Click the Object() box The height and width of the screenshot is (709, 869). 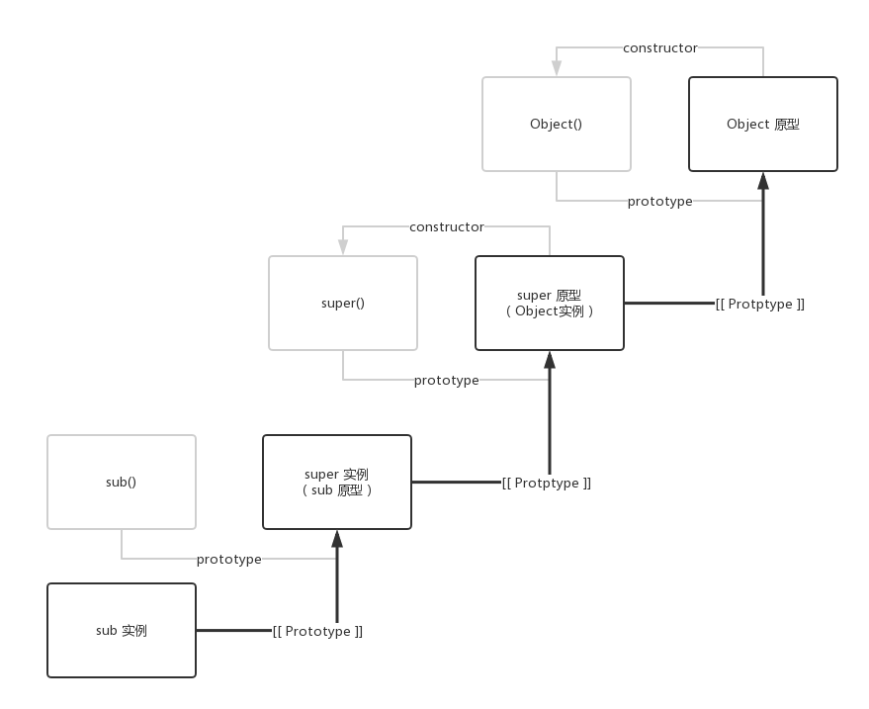pos(557,125)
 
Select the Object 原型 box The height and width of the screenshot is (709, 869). pos(762,125)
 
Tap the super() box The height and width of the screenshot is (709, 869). pos(343,304)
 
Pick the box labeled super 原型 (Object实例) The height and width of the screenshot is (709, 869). pos(550,303)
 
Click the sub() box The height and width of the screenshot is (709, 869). pos(122,483)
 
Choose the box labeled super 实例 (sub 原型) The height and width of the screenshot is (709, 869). pos(337,482)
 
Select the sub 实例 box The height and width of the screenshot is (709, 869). pos(122,630)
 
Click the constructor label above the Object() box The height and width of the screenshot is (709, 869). pos(659,47)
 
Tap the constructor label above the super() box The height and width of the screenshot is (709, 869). pos(447,226)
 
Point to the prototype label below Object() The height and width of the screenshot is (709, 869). pos(659,201)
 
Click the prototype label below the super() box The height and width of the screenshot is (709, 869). pos(446,380)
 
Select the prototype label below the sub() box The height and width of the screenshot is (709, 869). pos(229,559)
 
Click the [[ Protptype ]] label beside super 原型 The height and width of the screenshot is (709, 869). pos(759,304)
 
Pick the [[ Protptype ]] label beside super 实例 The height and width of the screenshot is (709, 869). pos(546,483)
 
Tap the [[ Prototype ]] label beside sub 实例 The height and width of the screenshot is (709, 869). pos(317,631)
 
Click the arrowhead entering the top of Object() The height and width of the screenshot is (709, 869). pos(557,68)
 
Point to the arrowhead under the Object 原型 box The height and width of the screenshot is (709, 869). pos(762,181)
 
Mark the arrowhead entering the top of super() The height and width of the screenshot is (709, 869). pos(343,247)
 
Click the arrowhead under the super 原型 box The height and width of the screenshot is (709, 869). pos(550,360)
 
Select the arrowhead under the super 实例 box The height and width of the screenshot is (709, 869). pos(337,539)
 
